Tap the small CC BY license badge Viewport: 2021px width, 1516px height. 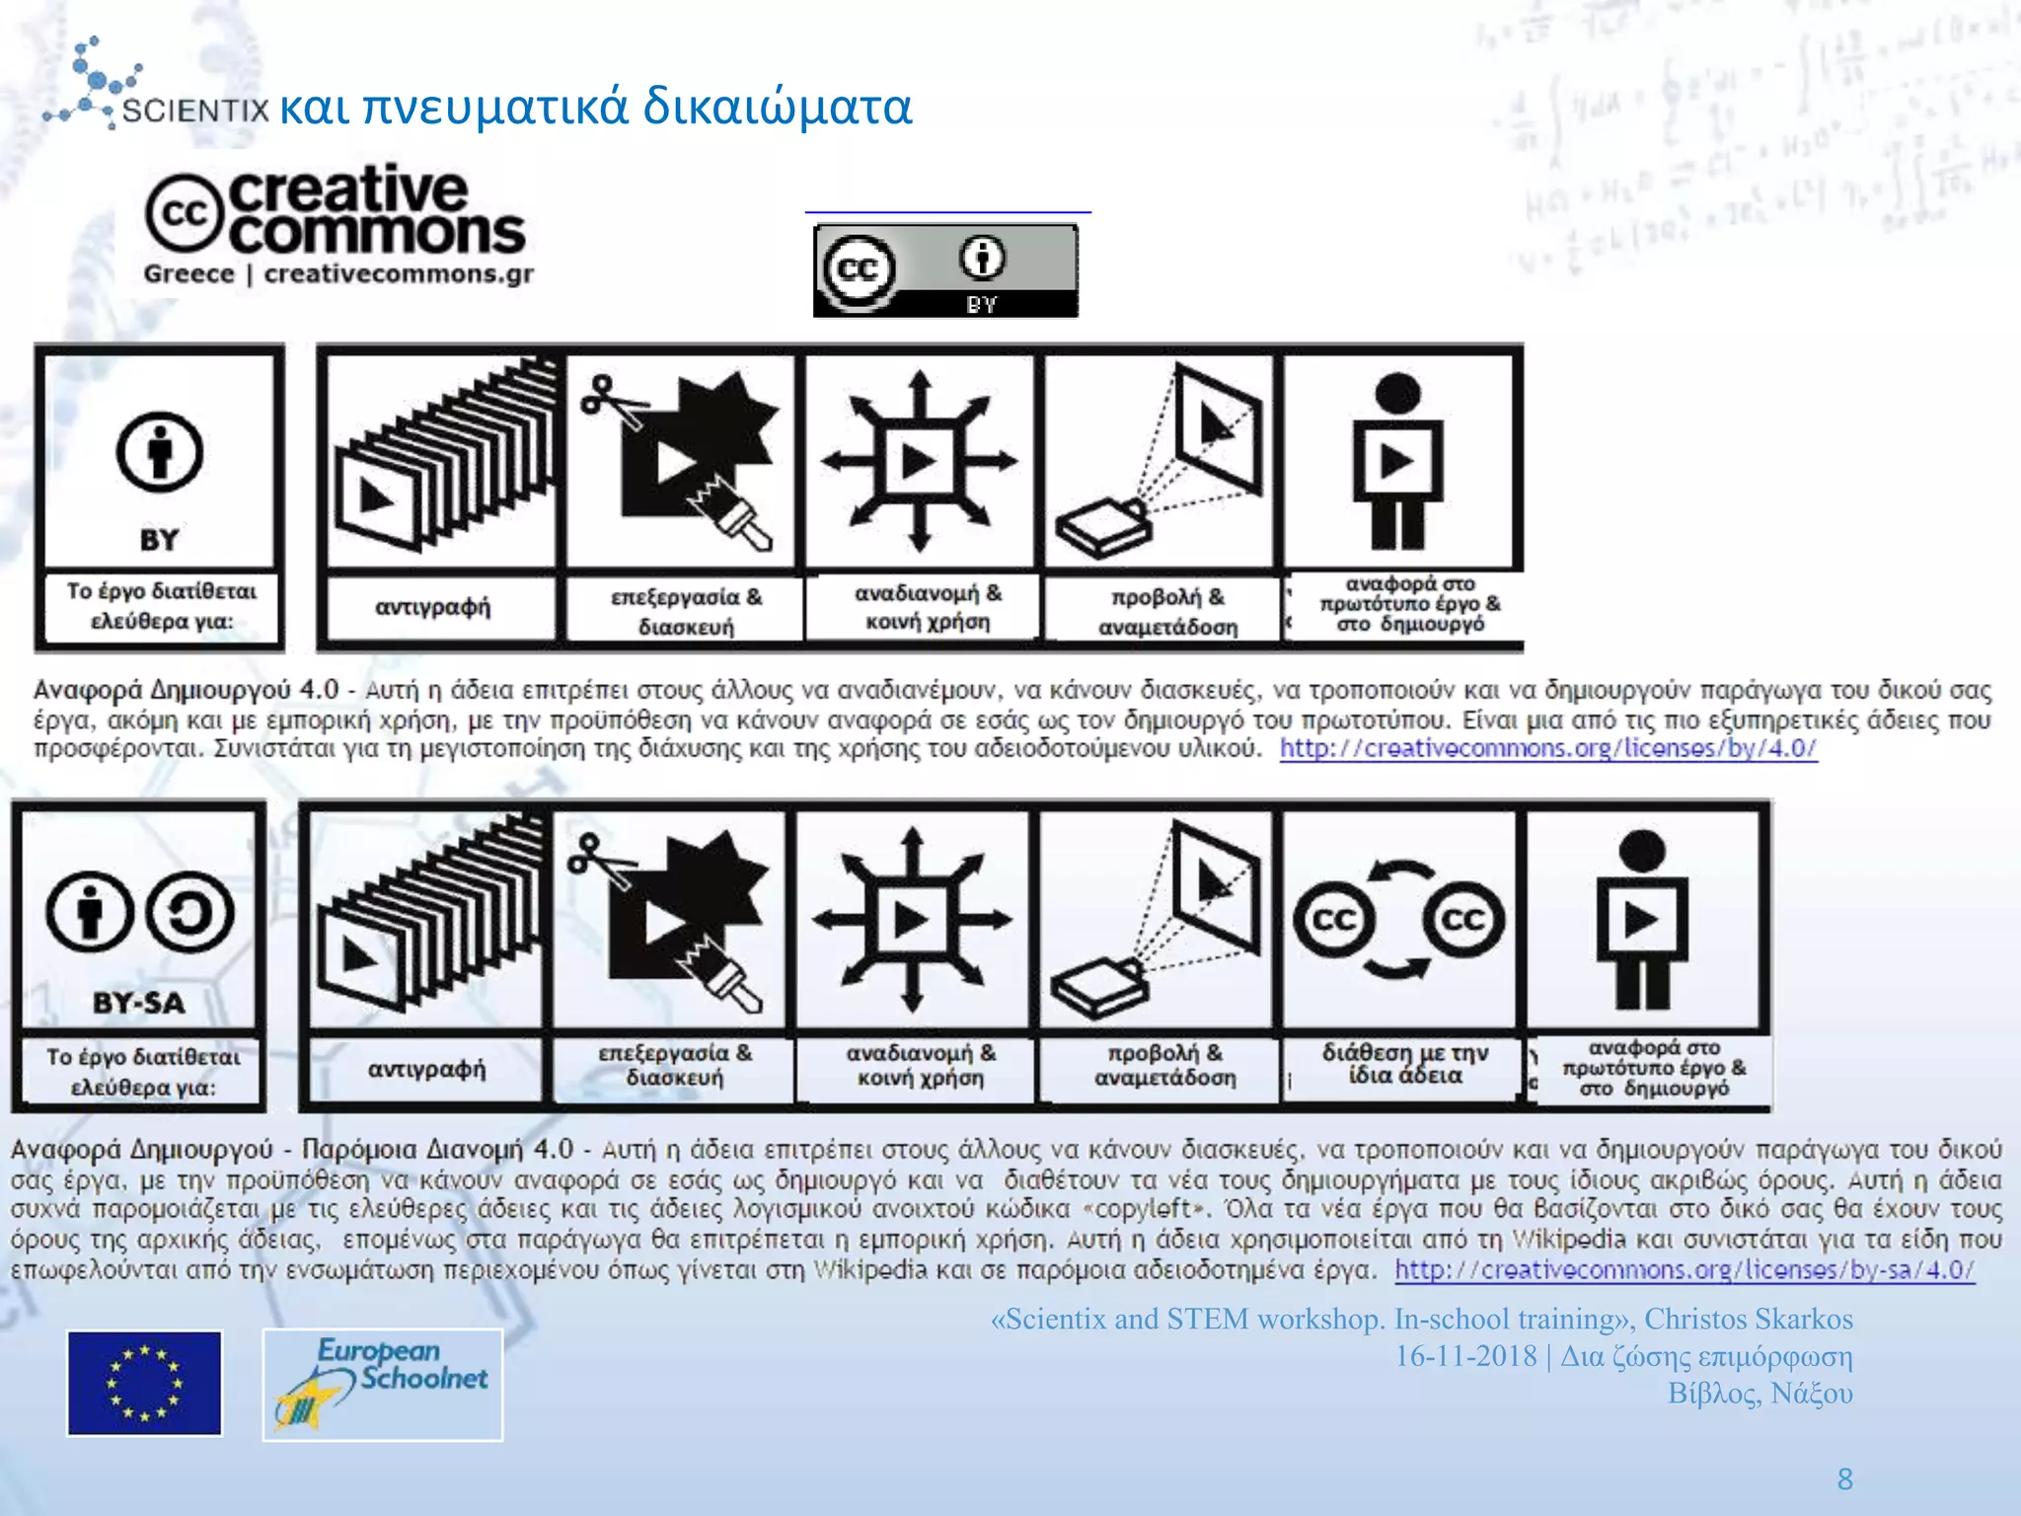945,270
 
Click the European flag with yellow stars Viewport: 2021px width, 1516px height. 144,1383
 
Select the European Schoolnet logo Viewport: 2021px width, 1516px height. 383,1384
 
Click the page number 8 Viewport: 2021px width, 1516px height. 1844,1478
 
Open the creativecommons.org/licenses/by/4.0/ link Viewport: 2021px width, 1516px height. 1547,748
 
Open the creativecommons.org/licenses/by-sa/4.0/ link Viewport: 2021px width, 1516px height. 1684,1269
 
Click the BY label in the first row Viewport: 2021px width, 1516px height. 159,540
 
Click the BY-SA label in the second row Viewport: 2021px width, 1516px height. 139,1003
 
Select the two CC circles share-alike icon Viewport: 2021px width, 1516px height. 1399,920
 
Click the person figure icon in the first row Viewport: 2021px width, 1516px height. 1397,461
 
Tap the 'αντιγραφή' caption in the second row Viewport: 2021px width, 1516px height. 426,1069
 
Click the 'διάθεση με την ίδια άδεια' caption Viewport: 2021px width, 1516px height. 1404,1064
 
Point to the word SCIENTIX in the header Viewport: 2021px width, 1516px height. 195,111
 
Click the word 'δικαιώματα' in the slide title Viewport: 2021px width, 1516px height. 778,107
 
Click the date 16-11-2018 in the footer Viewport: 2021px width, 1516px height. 1464,1356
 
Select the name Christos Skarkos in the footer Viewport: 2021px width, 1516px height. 1748,1319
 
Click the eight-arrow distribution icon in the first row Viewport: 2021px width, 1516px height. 919,461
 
